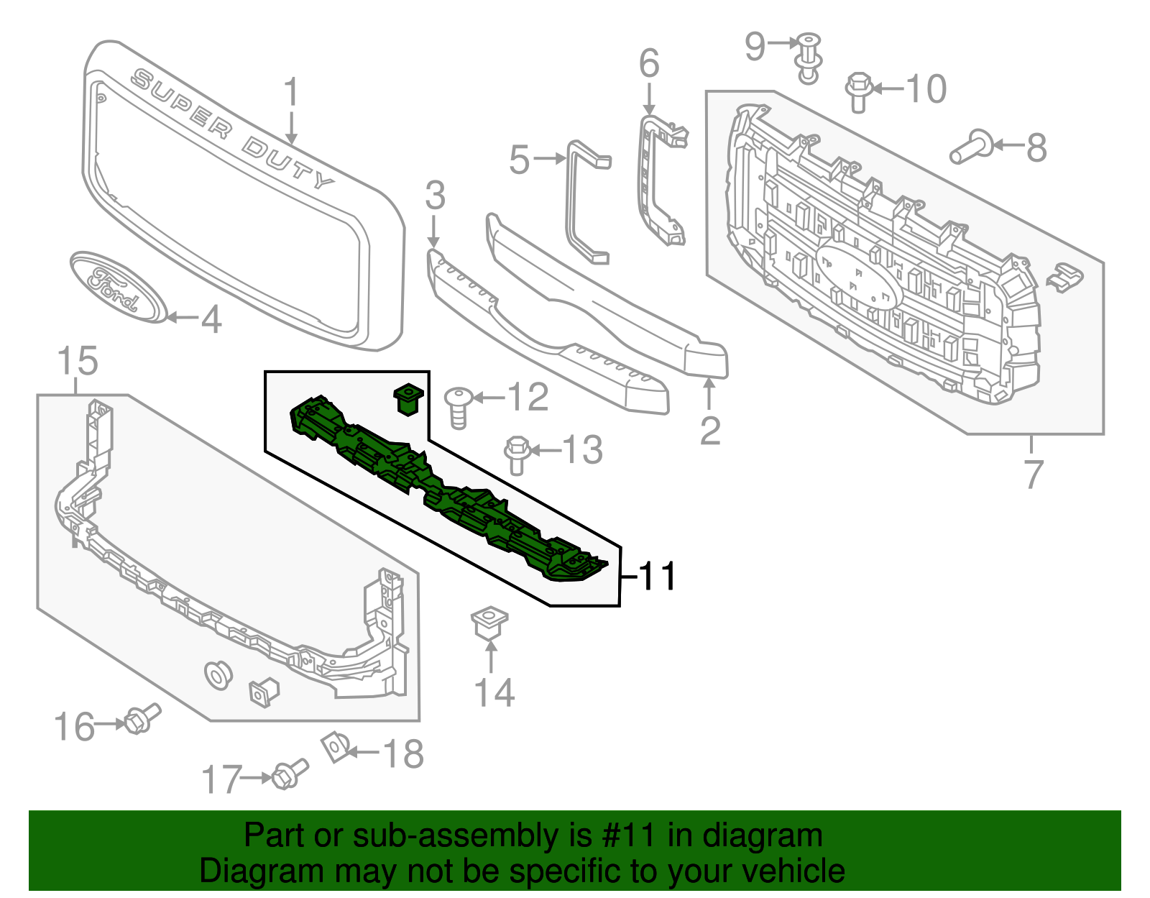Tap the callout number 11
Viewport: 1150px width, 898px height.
[657, 576]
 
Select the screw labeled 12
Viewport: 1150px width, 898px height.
[459, 407]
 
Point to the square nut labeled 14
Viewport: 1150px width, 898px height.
[489, 622]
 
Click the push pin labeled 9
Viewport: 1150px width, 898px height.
[809, 58]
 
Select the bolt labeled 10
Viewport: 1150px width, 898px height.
[859, 91]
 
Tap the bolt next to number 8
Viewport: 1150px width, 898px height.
[971, 147]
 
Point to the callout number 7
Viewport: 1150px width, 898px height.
[1032, 475]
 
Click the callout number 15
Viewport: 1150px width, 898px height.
[77, 361]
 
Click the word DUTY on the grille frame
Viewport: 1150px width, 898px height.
[287, 165]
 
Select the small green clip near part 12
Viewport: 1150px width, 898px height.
[408, 398]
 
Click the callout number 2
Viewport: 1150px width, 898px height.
[709, 431]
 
